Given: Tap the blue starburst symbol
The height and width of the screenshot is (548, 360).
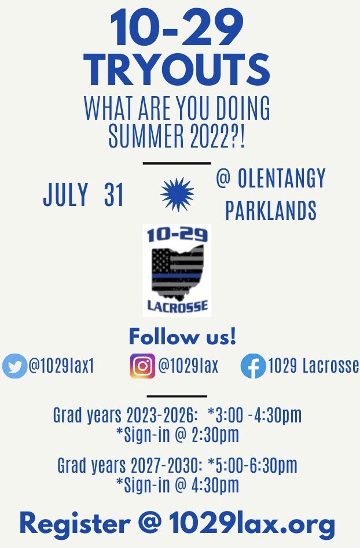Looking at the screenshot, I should click(x=177, y=194).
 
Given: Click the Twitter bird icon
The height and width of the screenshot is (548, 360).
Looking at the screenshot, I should click(x=14, y=366).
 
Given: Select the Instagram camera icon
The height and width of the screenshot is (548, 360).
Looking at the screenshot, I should click(x=142, y=366).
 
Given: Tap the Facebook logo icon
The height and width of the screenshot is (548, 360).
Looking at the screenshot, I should click(x=253, y=366).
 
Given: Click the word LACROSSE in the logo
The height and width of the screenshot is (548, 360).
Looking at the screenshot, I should click(x=177, y=306).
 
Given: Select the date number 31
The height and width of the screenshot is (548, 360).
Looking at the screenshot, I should click(x=114, y=196).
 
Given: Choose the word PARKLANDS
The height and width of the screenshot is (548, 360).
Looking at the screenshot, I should click(x=271, y=211).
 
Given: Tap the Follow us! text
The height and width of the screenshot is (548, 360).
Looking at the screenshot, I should click(x=182, y=336).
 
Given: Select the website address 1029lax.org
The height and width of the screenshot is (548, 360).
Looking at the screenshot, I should click(x=252, y=524).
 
